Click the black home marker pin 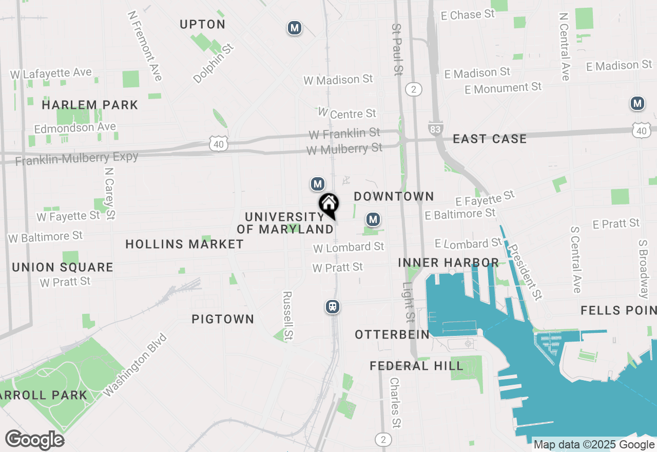pos(328,204)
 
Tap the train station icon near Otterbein pos(333,307)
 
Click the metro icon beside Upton pos(294,28)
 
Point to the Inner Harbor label pos(448,262)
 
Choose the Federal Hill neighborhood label pos(416,366)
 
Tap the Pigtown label pos(223,319)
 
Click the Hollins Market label pos(184,244)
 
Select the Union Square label pos(63,267)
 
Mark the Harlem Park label pos(90,105)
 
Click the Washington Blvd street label pos(135,365)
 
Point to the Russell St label pos(287,316)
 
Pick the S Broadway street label pos(643,269)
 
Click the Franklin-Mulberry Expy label pos(77,158)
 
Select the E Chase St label pos(468,15)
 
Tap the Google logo pos(34,440)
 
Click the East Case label pos(489,139)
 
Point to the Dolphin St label pos(213,63)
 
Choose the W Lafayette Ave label pos(51,73)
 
